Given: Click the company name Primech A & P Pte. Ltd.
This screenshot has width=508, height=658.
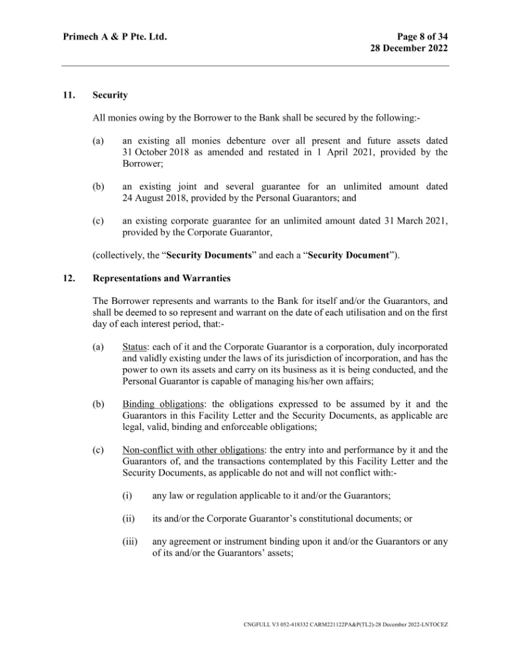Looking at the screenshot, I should pyautogui.click(x=114, y=38).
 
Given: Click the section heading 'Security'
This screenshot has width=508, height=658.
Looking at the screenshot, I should pyautogui.click(x=110, y=96).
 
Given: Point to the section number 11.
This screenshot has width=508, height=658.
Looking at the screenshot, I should pyautogui.click(x=68, y=96).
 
